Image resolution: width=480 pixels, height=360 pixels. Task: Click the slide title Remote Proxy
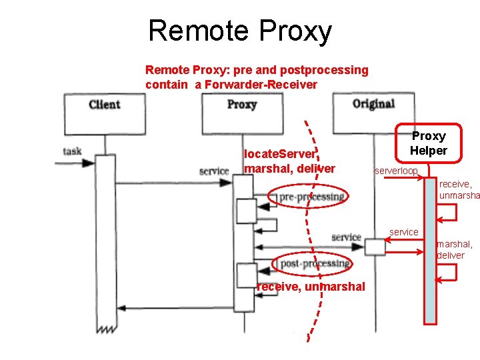point(239,31)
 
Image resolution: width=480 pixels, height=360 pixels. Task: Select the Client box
point(104,105)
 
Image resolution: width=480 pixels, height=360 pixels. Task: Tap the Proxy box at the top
point(241,105)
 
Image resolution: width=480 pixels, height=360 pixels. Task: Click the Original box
point(373,104)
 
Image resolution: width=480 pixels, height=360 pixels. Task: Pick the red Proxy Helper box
point(428,143)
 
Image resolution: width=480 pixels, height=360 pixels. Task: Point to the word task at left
point(73,151)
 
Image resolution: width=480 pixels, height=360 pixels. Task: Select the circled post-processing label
point(311,264)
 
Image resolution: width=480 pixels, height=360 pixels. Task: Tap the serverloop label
point(396,171)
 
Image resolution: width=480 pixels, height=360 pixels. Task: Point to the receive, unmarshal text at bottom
point(311,287)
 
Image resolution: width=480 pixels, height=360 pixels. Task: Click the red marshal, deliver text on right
point(455,250)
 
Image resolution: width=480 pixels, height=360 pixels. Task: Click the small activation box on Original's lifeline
point(375,247)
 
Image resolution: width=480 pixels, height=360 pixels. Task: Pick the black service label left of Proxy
point(213,171)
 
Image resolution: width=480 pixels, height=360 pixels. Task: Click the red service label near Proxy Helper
point(404,232)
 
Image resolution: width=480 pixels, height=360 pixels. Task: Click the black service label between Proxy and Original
point(346,237)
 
